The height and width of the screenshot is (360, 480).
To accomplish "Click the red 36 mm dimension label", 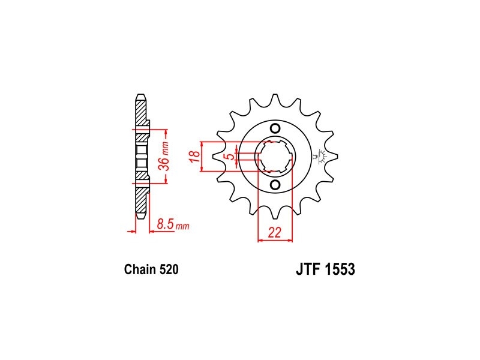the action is point(164,156).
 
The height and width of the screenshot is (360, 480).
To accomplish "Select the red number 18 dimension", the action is point(195,157).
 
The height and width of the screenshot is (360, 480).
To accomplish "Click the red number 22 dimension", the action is point(275,233).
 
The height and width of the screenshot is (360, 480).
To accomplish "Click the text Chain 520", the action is point(151,269).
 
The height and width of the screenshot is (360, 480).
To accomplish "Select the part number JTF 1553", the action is point(325,269).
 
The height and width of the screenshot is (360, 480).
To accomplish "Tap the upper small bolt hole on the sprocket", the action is point(275,128).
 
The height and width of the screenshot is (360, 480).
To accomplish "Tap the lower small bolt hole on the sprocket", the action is point(275,185).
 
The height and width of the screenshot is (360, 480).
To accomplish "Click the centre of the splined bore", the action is point(275,156).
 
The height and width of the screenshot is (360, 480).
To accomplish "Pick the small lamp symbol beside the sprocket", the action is point(322,156).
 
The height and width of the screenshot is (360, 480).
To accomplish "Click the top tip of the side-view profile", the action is point(141,94).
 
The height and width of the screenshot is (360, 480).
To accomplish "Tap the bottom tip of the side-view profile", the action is point(141,218).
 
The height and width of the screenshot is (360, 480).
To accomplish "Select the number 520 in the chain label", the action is point(169,269).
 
